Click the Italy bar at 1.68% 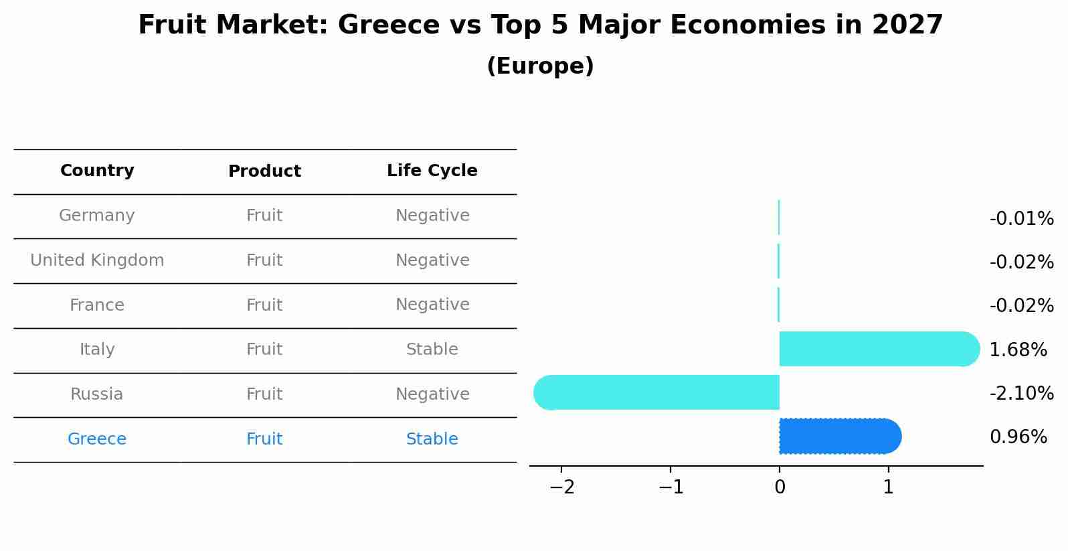coord(877,349)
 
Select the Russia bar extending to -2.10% coord(659,392)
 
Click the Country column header coord(97,171)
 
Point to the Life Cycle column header coord(432,171)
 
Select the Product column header coord(264,171)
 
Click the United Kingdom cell coord(97,260)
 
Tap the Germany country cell coord(97,216)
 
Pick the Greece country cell coord(97,439)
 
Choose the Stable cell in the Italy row coord(432,349)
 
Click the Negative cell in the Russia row coord(432,394)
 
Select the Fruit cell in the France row coord(264,305)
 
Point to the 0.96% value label coord(1018,437)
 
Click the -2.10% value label coord(1021,394)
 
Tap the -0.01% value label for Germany coord(1021,219)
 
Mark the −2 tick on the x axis coord(562,487)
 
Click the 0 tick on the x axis coord(780,487)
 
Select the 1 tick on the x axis coord(888,487)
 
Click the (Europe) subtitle coord(540,66)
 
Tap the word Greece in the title coord(379,25)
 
